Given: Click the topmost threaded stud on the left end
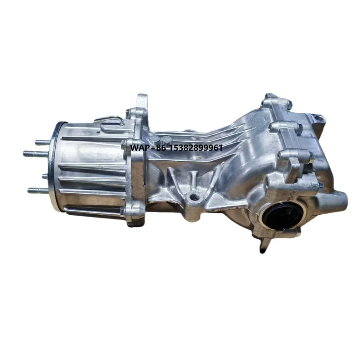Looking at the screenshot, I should click(42, 142).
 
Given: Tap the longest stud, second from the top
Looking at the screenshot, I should click(35, 154).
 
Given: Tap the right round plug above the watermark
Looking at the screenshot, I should click(167, 139).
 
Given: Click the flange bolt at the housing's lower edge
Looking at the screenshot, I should click(122, 211).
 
